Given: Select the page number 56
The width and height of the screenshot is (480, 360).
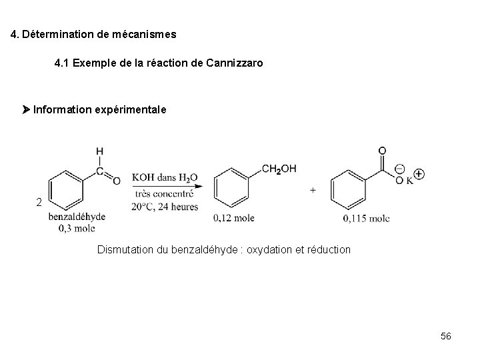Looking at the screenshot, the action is pos(445,336).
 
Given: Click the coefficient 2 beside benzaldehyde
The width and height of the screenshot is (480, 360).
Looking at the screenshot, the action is pos(39,202).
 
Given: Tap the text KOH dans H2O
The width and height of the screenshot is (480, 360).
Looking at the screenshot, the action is pos(164,177).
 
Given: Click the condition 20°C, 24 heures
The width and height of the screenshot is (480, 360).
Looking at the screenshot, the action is pos(165,206).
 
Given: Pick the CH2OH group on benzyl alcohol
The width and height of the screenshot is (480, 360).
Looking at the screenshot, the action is pos(279,169).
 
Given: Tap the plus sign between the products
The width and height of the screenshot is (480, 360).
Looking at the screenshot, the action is pos(313,190).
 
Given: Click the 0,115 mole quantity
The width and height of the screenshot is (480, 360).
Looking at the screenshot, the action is pos(367,218).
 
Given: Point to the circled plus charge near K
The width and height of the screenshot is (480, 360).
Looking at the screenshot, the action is pos(419,174).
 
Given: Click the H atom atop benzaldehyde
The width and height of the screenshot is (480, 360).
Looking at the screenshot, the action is pos(99,151).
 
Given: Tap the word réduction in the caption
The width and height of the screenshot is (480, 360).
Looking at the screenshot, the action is pos(327,249).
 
